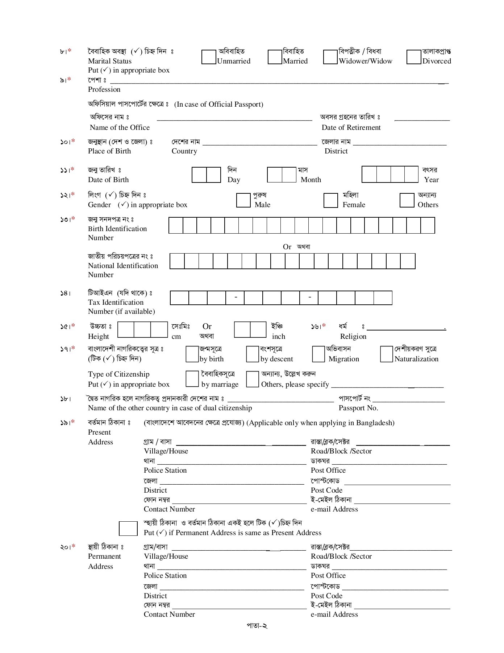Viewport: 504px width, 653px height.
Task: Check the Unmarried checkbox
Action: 209,57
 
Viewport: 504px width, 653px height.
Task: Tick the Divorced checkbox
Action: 414,57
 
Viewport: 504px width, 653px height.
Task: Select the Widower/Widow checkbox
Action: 330,57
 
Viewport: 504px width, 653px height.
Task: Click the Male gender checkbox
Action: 243,200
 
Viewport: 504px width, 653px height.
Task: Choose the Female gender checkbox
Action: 330,200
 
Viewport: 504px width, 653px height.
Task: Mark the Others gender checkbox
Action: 407,200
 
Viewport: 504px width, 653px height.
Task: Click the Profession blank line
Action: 275,82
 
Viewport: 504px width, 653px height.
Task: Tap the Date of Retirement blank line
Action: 422,119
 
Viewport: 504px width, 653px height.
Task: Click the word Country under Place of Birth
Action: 184,151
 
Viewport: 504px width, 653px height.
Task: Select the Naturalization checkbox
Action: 387,354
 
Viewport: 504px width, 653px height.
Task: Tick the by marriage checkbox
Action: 192,379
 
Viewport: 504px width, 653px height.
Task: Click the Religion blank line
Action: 406,328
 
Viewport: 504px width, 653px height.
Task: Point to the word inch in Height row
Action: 278,337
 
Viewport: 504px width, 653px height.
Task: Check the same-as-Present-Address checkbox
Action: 128,529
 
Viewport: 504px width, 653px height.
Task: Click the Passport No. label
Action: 358,408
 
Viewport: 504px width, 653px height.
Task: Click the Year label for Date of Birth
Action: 431,180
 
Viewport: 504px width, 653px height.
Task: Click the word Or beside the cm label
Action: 207,326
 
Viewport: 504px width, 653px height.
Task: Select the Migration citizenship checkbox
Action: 318,354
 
